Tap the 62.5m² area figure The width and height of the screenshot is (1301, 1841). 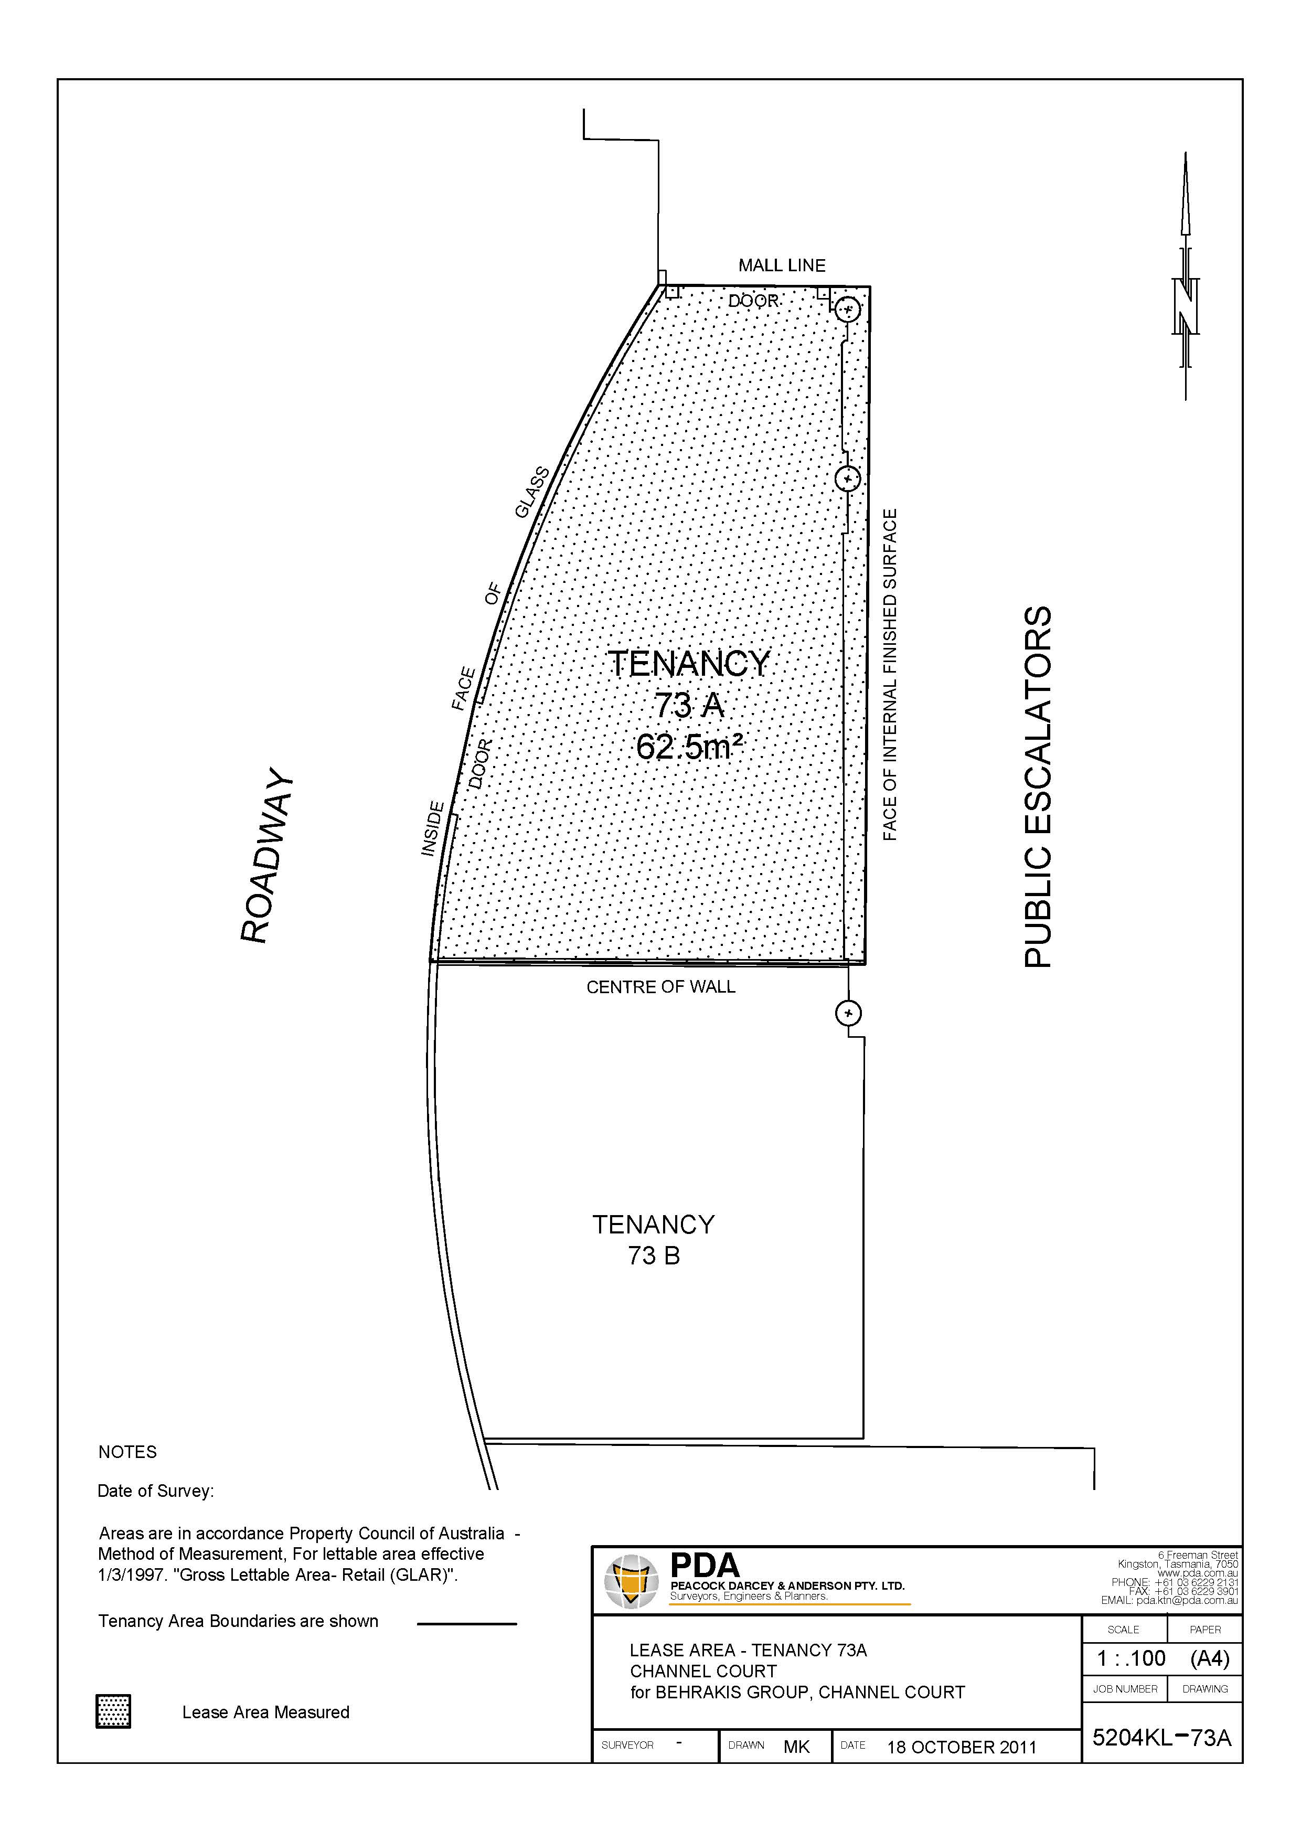pyautogui.click(x=689, y=747)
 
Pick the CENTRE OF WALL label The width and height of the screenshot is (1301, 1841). pyautogui.click(x=660, y=987)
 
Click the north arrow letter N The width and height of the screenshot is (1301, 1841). pyautogui.click(x=1185, y=305)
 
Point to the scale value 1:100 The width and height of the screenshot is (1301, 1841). pyautogui.click(x=1131, y=1657)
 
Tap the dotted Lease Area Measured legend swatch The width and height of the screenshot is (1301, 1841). pyautogui.click(x=113, y=1712)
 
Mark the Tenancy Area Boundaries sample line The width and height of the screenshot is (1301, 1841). pyautogui.click(x=466, y=1624)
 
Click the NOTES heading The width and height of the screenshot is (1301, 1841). pyautogui.click(x=127, y=1452)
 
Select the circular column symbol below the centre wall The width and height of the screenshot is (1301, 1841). pyautogui.click(x=848, y=1014)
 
